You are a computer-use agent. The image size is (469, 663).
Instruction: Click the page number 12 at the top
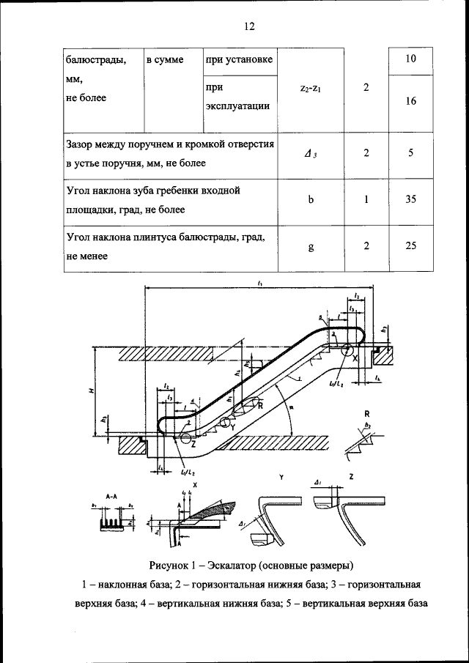tap(248, 26)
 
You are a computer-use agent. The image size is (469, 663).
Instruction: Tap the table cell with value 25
tap(410, 246)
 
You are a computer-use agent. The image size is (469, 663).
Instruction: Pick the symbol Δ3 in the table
tap(311, 153)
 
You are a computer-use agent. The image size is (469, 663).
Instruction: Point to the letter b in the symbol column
tap(311, 199)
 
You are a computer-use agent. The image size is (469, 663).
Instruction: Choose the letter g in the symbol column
tap(311, 247)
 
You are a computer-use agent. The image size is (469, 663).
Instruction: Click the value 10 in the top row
tap(410, 59)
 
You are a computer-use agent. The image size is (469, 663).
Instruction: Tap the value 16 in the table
tap(410, 102)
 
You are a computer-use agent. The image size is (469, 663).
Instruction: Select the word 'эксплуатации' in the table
tap(238, 105)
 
